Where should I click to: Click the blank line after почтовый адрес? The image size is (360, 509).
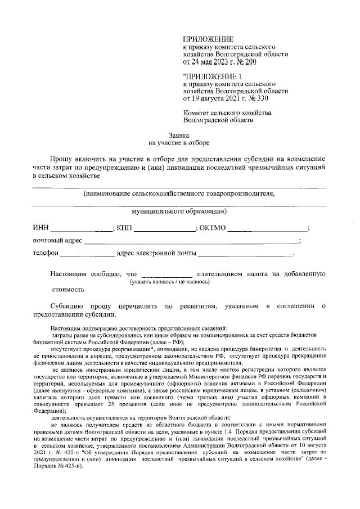click(191, 241)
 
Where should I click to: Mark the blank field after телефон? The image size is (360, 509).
click(87, 254)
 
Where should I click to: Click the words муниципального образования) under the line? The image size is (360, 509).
click(179, 212)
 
